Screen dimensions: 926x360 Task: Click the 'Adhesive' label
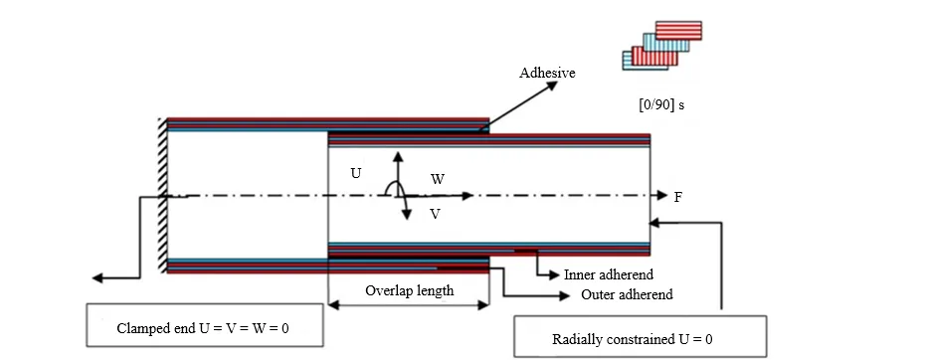(547, 73)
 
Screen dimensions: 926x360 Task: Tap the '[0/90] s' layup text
(660, 105)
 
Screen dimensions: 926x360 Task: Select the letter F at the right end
(678, 197)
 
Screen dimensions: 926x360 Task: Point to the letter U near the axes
(356, 174)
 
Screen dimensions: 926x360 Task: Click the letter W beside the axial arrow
(438, 179)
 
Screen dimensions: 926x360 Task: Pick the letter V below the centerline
(436, 214)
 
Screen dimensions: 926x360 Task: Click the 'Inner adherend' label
(609, 274)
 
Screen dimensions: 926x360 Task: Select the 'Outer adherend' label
(627, 294)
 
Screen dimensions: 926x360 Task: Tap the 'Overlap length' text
(409, 290)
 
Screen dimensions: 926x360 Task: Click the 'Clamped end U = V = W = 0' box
(205, 325)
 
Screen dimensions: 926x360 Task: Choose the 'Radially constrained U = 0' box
(641, 336)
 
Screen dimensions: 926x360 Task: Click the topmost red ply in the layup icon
(678, 30)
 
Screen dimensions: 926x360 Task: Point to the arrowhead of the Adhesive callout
(552, 85)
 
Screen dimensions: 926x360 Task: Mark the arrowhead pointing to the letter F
(662, 196)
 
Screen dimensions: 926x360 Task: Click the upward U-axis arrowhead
(398, 157)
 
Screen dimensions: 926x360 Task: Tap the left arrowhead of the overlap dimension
(333, 305)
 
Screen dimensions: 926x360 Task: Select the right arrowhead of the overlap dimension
(483, 305)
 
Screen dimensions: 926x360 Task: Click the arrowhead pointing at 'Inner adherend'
(553, 274)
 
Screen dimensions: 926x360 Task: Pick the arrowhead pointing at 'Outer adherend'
(564, 295)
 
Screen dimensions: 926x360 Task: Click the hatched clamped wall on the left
(162, 195)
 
